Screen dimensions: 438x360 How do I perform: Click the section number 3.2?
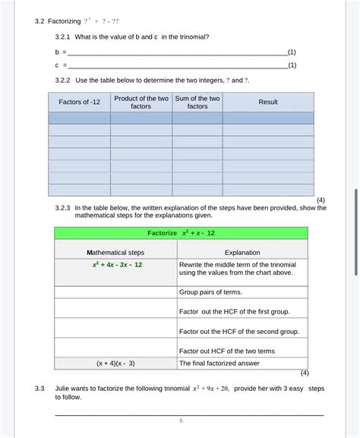pyautogui.click(x=40, y=20)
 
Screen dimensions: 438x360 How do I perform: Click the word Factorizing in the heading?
pyautogui.click(x=65, y=20)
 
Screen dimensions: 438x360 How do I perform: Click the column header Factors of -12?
pyautogui.click(x=79, y=102)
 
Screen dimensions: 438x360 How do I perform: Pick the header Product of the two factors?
pyautogui.click(x=141, y=102)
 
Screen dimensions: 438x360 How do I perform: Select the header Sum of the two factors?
pyautogui.click(x=197, y=102)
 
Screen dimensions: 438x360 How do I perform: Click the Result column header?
pyautogui.click(x=268, y=102)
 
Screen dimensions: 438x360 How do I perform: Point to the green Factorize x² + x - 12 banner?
pyautogui.click(x=181, y=232)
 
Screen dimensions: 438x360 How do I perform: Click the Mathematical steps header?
pyautogui.click(x=115, y=252)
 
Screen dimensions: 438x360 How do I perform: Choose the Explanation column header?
pyautogui.click(x=242, y=252)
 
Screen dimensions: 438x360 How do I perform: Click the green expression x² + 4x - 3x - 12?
pyautogui.click(x=115, y=265)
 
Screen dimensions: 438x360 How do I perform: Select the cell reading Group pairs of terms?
pyautogui.click(x=210, y=292)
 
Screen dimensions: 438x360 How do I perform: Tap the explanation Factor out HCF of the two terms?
pyautogui.click(x=226, y=351)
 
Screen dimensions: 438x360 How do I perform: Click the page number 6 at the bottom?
pyautogui.click(x=181, y=421)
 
